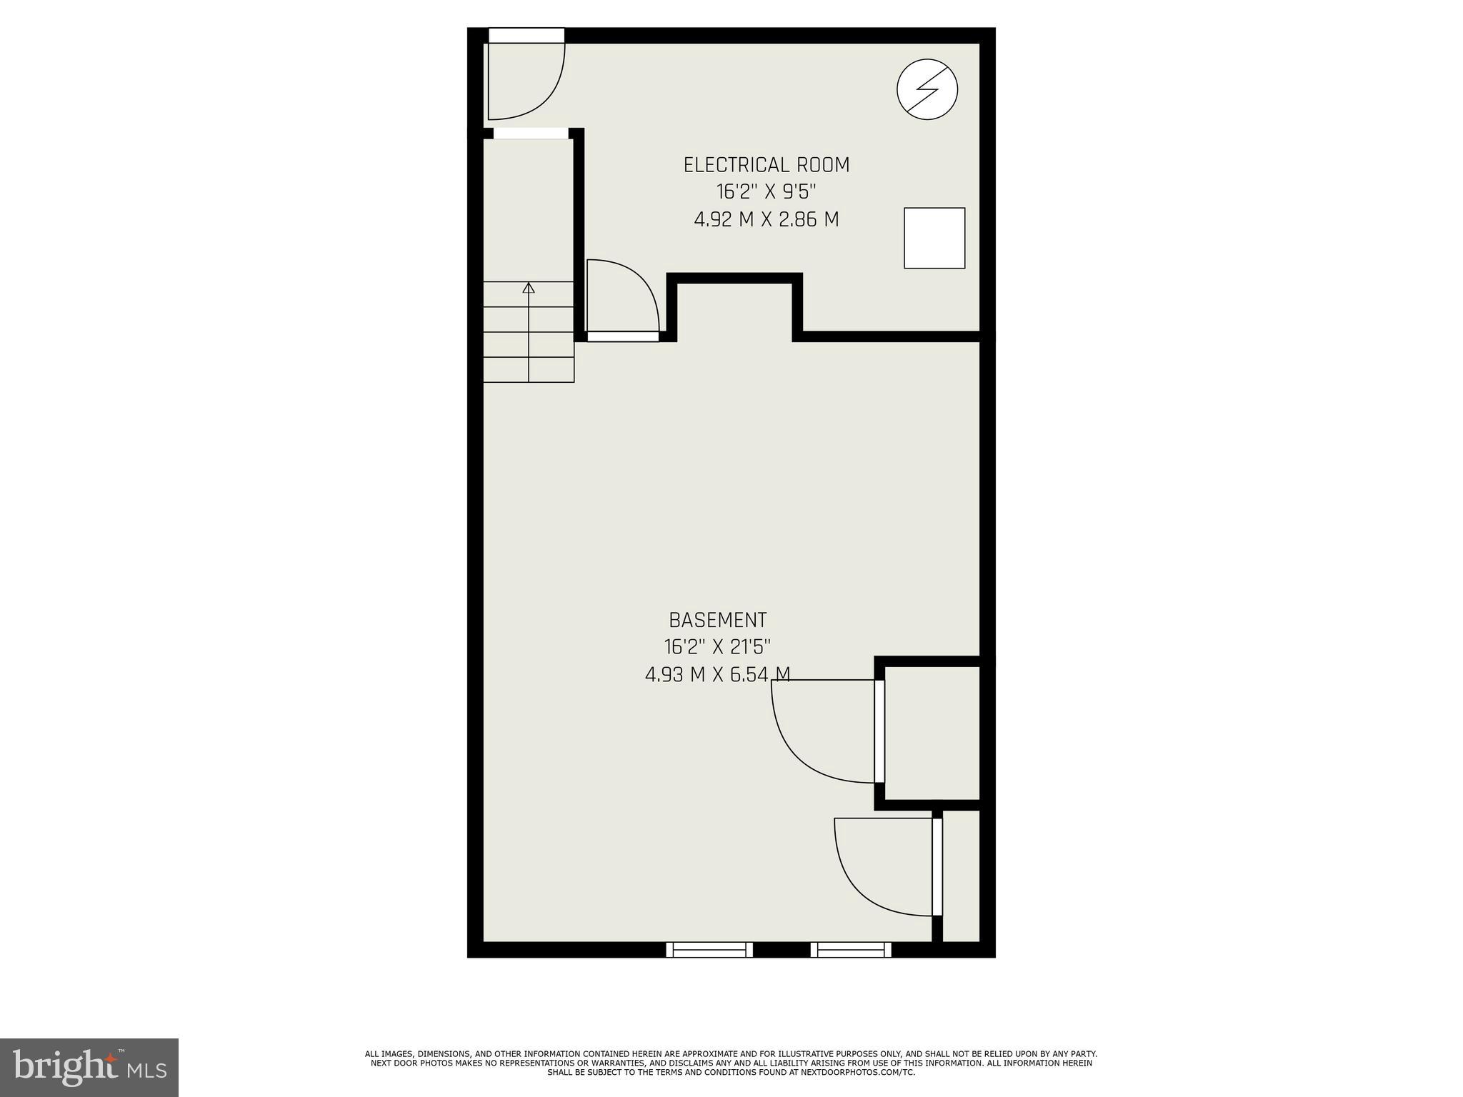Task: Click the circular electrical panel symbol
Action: [927, 89]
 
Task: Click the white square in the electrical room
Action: [934, 238]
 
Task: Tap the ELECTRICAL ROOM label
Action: [766, 165]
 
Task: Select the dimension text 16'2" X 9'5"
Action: [766, 192]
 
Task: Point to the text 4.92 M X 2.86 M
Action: [766, 219]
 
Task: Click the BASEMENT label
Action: [717, 619]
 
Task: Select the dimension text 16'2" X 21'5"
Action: [717, 647]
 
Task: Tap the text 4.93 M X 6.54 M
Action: [717, 674]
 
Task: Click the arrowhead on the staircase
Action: [529, 288]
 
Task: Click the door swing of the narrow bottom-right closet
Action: [857, 886]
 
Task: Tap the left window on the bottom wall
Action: [709, 949]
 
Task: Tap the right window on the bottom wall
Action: [851, 949]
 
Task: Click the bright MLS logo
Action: [89, 1067]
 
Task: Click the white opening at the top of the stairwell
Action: [530, 134]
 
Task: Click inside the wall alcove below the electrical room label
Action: [734, 311]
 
